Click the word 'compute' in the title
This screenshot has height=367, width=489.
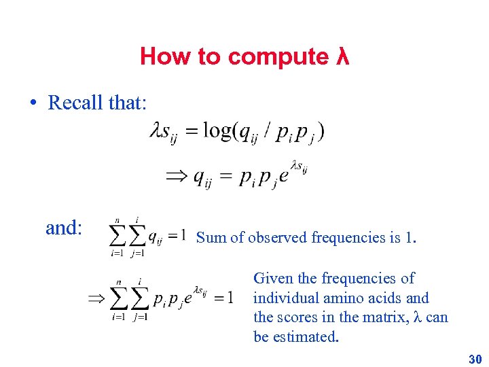[x=278, y=57]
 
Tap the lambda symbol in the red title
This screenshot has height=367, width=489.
[x=342, y=56]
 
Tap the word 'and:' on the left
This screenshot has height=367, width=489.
[x=64, y=228]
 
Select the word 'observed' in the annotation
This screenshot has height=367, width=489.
[x=277, y=237]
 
